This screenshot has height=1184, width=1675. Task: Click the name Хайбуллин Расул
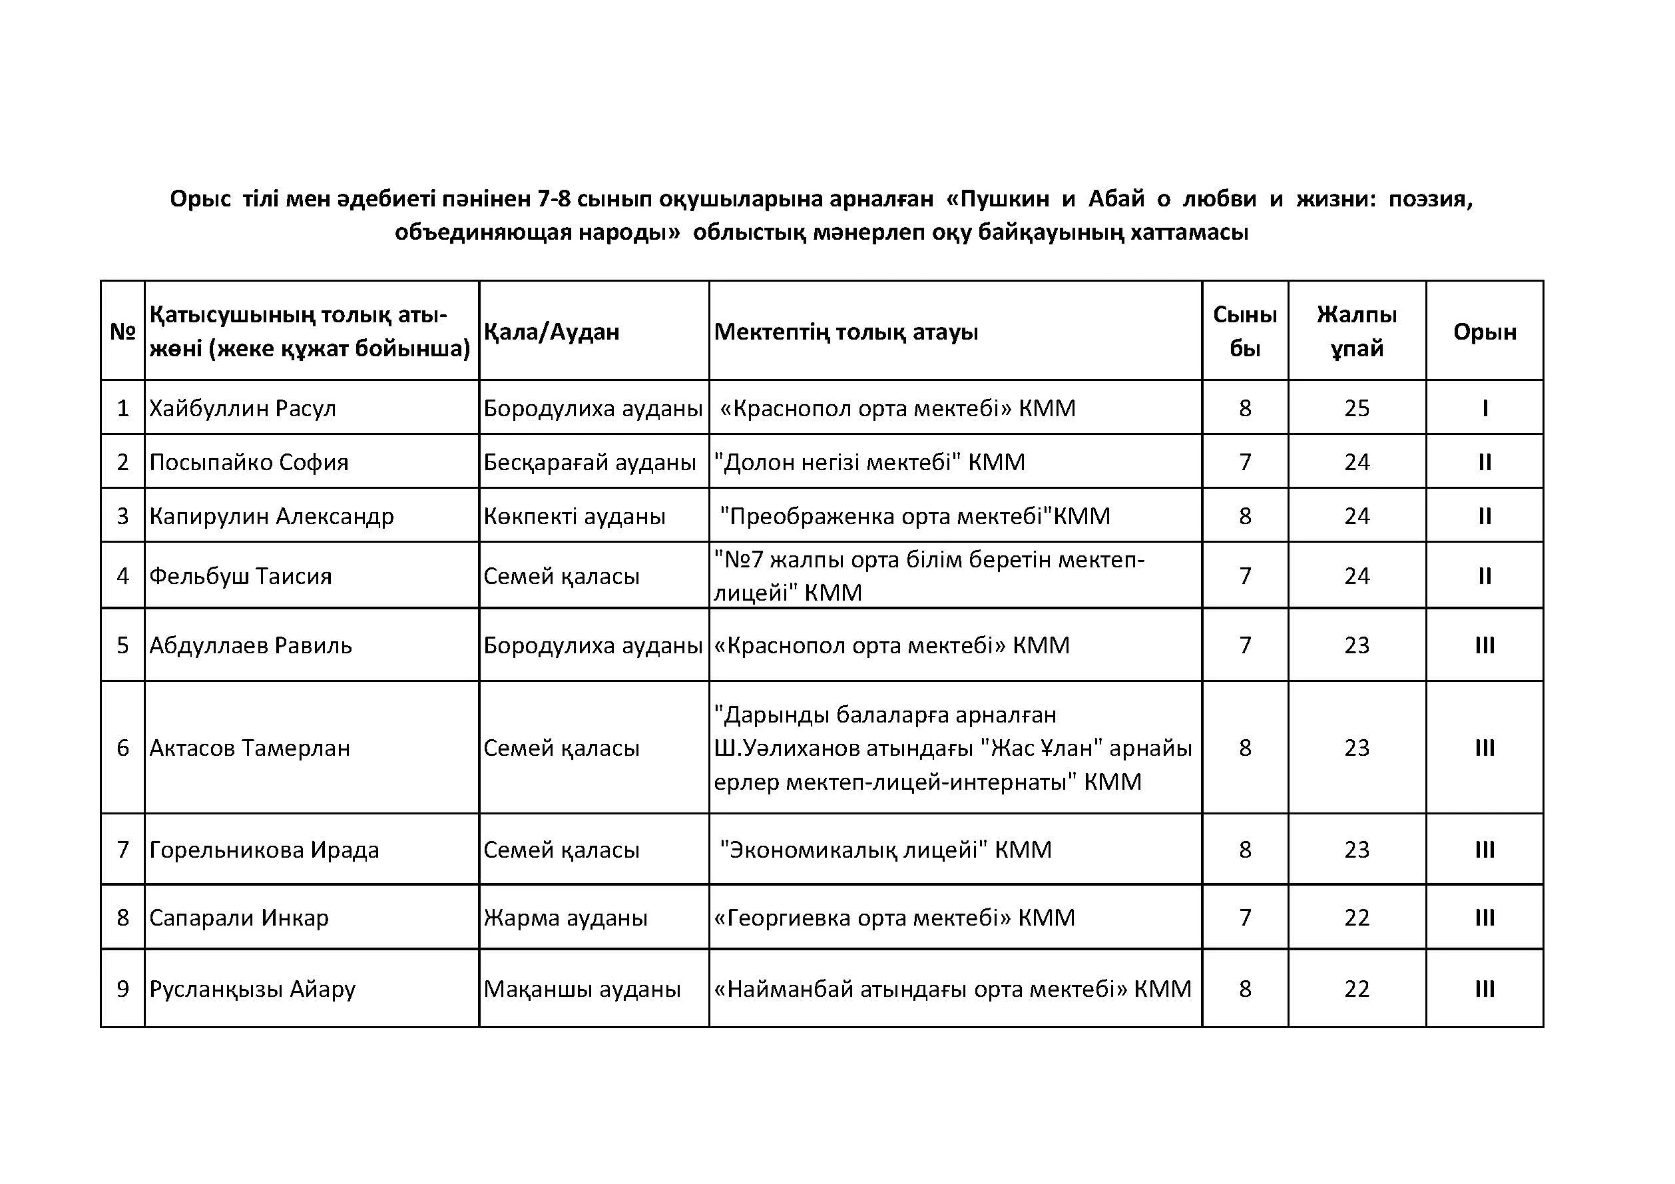point(242,408)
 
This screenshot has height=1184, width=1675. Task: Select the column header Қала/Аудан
point(551,332)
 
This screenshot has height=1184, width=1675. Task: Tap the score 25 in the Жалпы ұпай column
point(1356,408)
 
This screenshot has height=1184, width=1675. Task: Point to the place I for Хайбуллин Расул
point(1485,408)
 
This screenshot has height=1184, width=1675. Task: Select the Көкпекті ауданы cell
point(574,516)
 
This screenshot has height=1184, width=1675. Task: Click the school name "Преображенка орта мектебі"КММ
point(915,516)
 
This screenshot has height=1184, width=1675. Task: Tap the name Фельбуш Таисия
point(240,575)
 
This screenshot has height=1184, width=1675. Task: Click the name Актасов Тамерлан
point(250,748)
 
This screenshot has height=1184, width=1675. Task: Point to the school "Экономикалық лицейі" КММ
point(885,849)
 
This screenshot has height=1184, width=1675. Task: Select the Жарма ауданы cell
point(565,917)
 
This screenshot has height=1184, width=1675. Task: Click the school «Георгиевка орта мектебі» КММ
point(894,917)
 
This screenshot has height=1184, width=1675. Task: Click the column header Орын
point(1485,332)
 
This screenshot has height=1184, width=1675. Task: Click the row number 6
point(122,748)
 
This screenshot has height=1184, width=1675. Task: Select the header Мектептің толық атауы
point(846,332)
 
